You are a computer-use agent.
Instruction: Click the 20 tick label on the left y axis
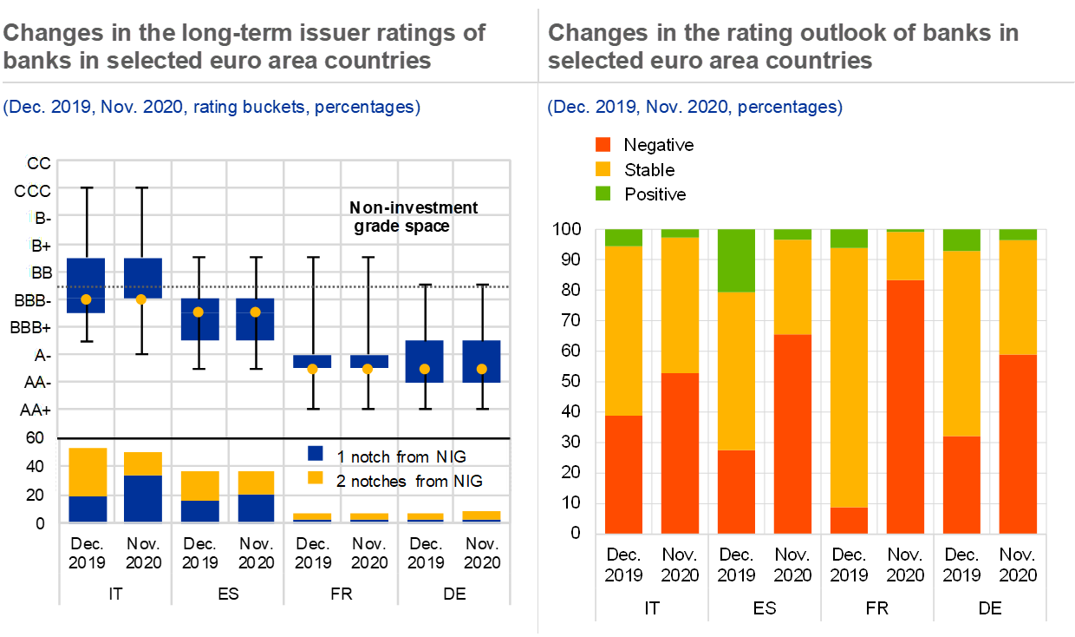pos(35,161)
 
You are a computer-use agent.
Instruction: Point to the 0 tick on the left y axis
pos(38,437)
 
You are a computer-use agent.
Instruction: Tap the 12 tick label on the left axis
pos(35,272)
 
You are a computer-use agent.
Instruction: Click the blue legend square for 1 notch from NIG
pos(316,454)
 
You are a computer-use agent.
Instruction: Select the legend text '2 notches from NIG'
pos(410,481)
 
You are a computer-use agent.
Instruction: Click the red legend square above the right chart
pos(603,145)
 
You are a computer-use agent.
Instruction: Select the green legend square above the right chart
pos(603,193)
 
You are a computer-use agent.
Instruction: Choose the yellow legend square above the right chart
pos(603,168)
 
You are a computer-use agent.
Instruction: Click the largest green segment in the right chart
pos(736,261)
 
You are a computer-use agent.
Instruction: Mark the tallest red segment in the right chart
pos(904,406)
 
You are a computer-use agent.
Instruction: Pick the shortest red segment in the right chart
pos(849,520)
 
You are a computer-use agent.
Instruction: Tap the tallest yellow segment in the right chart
pos(849,378)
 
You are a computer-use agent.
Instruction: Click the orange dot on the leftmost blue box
pos(85,299)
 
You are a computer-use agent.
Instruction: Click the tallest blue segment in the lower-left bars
pos(143,498)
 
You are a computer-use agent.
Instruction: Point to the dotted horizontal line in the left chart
pos(260,287)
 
